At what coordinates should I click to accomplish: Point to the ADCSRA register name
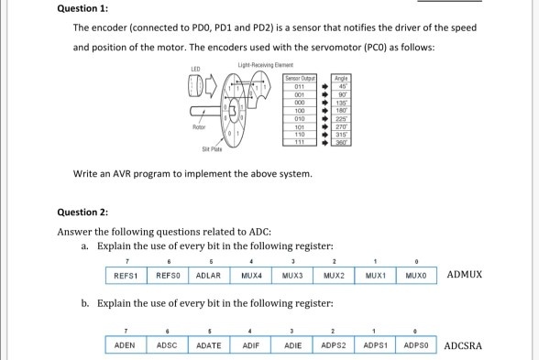[464, 346]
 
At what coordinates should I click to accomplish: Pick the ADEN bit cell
[122, 346]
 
